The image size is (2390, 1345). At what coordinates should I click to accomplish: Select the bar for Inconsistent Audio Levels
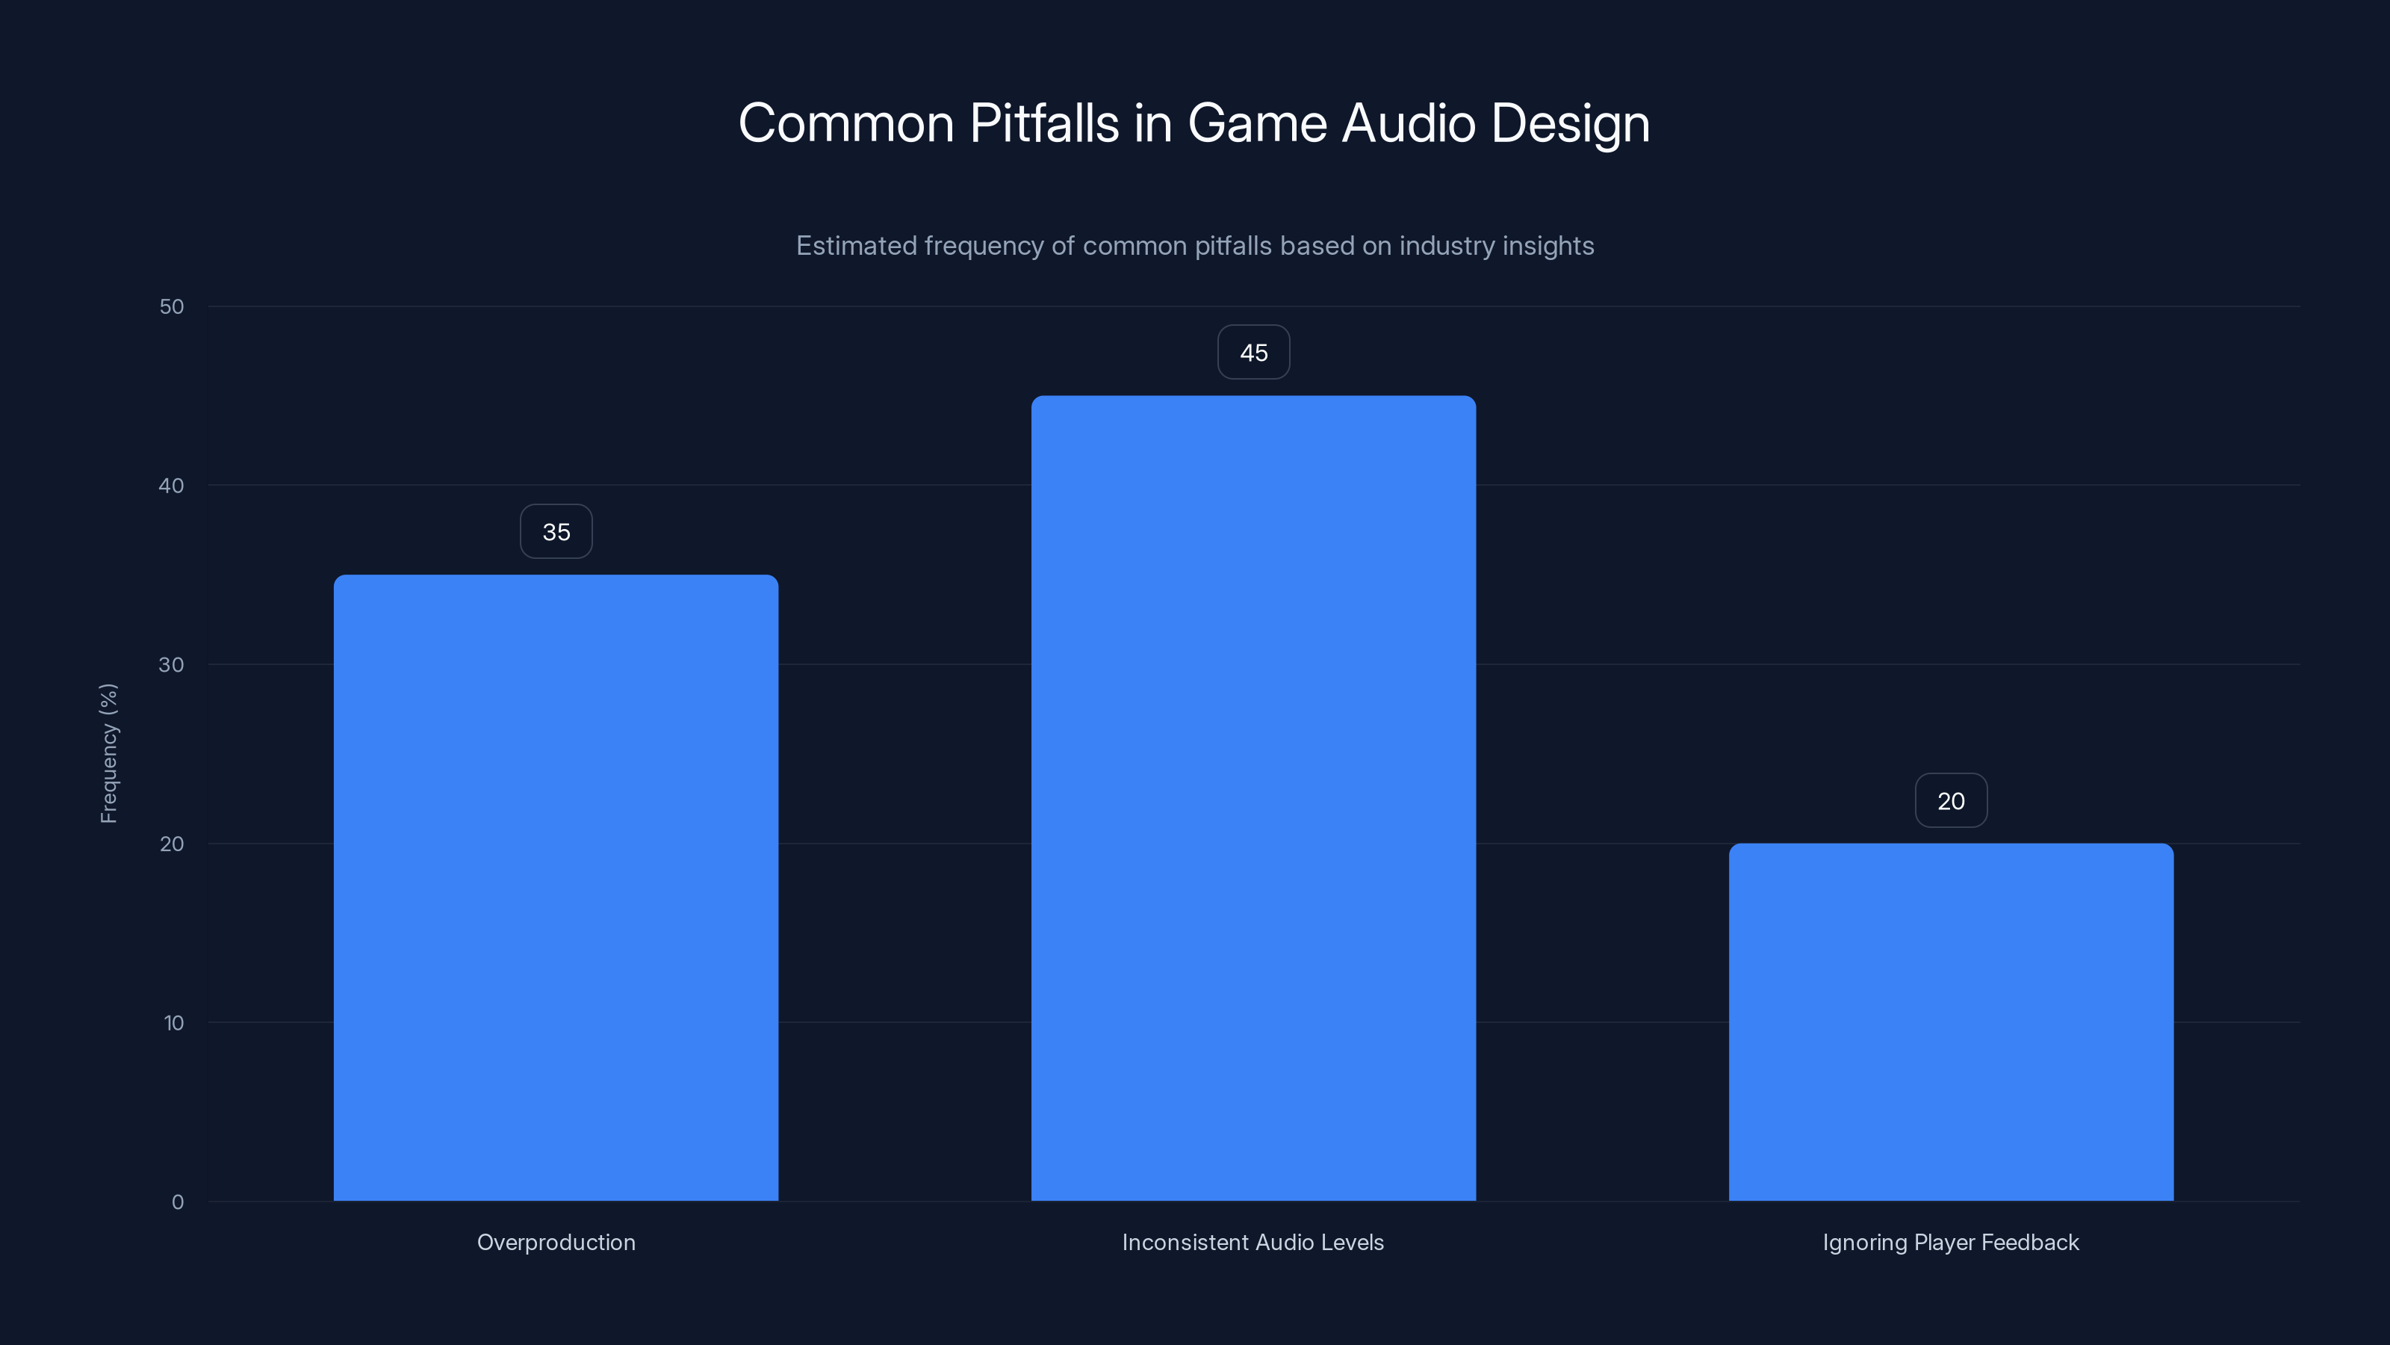point(1253,798)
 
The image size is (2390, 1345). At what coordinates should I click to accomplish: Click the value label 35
point(556,532)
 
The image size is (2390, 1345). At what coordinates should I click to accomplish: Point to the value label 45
point(1253,353)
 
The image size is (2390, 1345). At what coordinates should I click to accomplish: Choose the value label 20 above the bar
point(1950,801)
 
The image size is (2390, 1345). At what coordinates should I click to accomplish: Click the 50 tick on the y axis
point(172,306)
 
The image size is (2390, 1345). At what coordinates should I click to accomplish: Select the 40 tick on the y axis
point(172,486)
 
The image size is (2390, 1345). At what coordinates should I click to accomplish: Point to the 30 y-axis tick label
point(172,664)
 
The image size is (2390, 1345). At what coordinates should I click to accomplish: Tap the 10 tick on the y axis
point(173,1023)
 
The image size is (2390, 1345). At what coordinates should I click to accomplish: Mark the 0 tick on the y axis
point(177,1202)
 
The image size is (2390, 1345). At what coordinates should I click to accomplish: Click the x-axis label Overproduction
point(556,1242)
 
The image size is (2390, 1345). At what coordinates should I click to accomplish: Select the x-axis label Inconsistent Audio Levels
point(1253,1242)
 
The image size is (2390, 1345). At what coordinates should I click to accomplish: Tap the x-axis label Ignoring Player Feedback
point(1950,1242)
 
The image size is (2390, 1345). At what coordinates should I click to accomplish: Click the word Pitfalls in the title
point(1044,123)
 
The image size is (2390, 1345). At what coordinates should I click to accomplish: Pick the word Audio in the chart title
point(1409,123)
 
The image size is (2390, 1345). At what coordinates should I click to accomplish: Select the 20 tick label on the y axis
point(172,844)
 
